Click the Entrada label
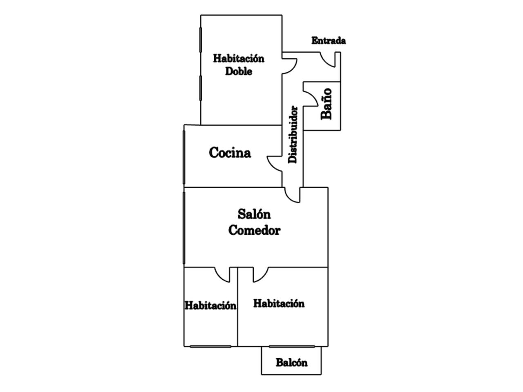click(329, 41)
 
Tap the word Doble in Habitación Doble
click(239, 71)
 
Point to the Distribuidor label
click(293, 135)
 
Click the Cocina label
click(230, 153)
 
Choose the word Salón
click(254, 214)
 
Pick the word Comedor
click(254, 230)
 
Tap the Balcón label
click(291, 363)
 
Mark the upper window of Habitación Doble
click(201, 40)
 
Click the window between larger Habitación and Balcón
click(292, 346)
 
